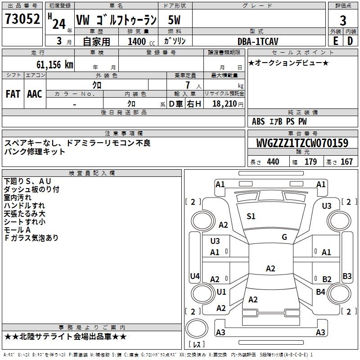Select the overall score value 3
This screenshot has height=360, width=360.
[343, 20]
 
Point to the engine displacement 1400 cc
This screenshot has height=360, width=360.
[140, 41]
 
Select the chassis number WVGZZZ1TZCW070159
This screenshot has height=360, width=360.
[302, 144]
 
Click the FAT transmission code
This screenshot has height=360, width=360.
[13, 94]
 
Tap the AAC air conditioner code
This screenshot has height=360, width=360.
[35, 94]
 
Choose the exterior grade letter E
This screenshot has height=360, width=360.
[335, 41]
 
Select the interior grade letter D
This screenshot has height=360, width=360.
[350, 41]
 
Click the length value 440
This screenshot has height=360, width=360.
[273, 162]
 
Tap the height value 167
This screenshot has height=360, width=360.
[346, 162]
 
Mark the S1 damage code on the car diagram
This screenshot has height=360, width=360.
[251, 216]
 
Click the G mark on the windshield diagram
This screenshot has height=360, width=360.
[284, 237]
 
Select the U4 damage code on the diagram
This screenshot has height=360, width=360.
[194, 276]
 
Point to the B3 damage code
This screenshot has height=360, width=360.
[347, 276]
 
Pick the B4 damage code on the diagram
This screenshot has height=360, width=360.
[320, 292]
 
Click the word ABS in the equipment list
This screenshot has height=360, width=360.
[258, 121]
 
